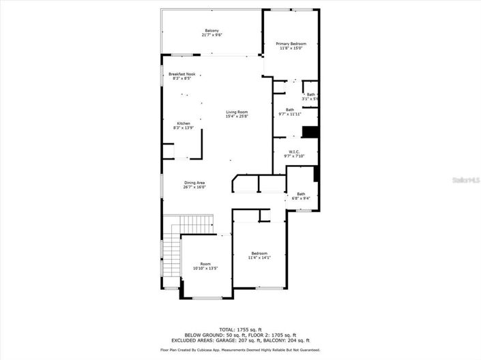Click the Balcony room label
[x=212, y=31]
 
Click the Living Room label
[x=237, y=112]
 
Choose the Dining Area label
[x=194, y=183]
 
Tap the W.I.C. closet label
[x=294, y=151]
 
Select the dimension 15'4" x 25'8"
[x=237, y=117]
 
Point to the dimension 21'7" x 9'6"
[x=212, y=35]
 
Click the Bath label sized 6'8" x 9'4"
[x=301, y=194]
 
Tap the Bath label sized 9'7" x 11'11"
[x=290, y=110]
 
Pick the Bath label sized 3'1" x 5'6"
[x=311, y=95]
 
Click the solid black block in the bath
[x=310, y=132]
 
